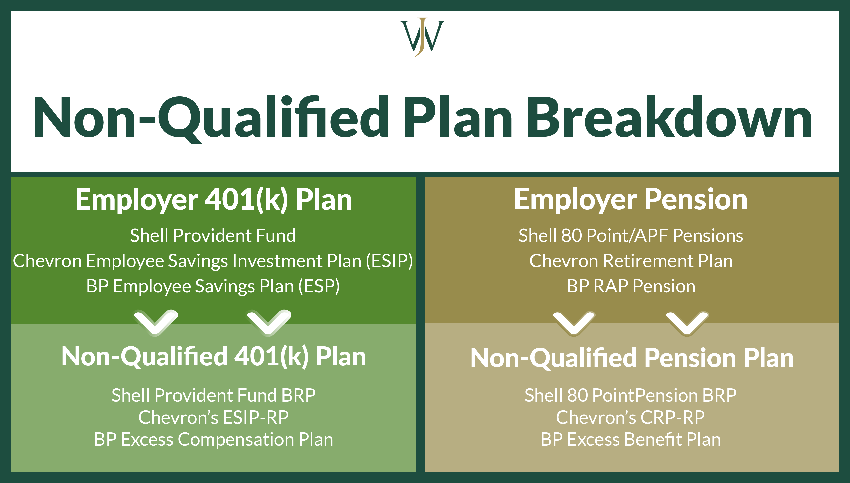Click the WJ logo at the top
pyautogui.click(x=422, y=37)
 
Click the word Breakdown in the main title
pyautogui.click(x=669, y=118)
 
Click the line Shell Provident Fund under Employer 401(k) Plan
pyautogui.click(x=212, y=236)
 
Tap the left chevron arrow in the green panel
pyautogui.click(x=156, y=322)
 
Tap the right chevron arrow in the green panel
pyautogui.click(x=269, y=322)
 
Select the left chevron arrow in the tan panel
pyautogui.click(x=574, y=322)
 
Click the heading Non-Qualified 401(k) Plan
pyautogui.click(x=214, y=357)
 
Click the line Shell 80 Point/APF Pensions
pyautogui.click(x=630, y=236)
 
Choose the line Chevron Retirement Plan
pyautogui.click(x=630, y=261)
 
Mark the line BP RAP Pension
pyautogui.click(x=630, y=286)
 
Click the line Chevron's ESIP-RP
pyautogui.click(x=213, y=417)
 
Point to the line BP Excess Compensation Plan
pyautogui.click(x=213, y=439)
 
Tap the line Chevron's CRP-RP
pyautogui.click(x=630, y=417)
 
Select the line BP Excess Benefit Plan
pyautogui.click(x=630, y=439)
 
